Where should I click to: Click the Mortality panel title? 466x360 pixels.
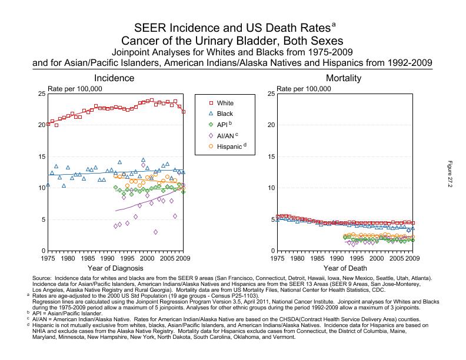click(344, 78)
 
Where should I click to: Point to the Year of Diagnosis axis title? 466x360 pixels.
click(115, 268)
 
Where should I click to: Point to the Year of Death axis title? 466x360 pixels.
click(345, 268)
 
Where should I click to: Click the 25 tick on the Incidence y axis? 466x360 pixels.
click(41, 94)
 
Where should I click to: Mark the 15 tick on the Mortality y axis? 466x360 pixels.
click(271, 156)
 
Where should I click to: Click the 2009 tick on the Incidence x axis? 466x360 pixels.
click(183, 258)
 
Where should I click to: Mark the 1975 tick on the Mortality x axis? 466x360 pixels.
click(277, 258)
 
